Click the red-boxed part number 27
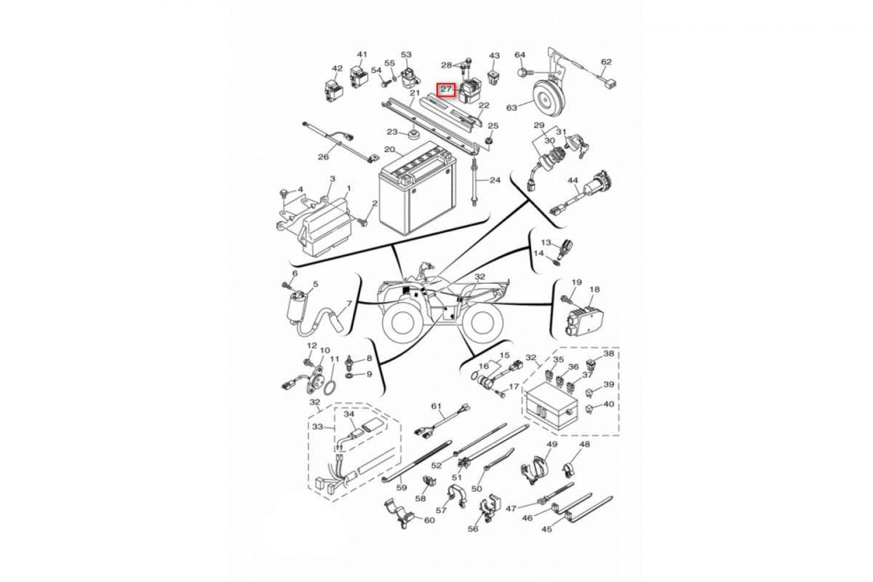pos(446,89)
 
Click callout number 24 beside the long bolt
pos(495,180)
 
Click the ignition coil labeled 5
pos(295,312)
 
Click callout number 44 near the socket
pos(573,180)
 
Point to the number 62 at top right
pos(607,62)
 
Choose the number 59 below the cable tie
pos(402,487)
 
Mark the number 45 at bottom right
pos(547,530)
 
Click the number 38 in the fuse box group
pos(608,354)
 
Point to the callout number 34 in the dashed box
pos(349,414)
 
